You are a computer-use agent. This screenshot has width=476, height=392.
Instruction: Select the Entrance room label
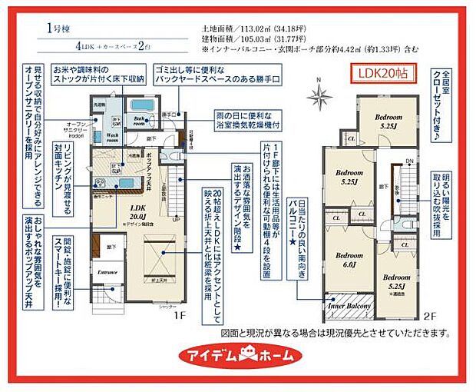[x=105, y=271]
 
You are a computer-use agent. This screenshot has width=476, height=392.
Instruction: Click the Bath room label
[x=140, y=119]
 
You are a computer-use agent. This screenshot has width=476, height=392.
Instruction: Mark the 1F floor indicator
[x=179, y=315]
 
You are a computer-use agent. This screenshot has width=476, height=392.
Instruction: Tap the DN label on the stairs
[x=409, y=161]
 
